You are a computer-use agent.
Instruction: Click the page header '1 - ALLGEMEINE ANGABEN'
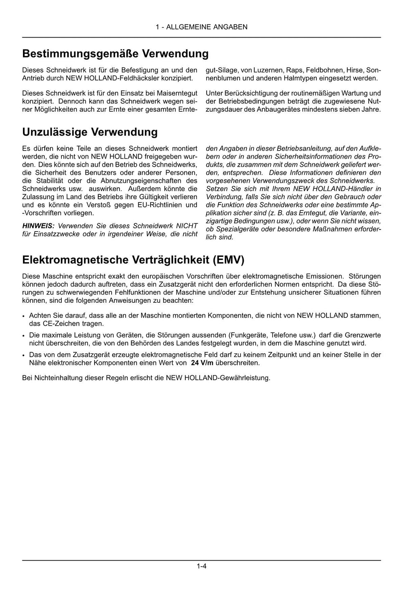201,27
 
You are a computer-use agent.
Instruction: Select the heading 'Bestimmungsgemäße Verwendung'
115,54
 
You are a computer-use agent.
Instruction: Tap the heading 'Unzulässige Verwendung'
90,132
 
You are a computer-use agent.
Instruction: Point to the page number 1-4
201,567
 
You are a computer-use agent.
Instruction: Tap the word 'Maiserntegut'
178,93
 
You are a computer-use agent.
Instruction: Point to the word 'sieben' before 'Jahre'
349,110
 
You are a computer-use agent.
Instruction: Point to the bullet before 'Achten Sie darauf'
25,316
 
